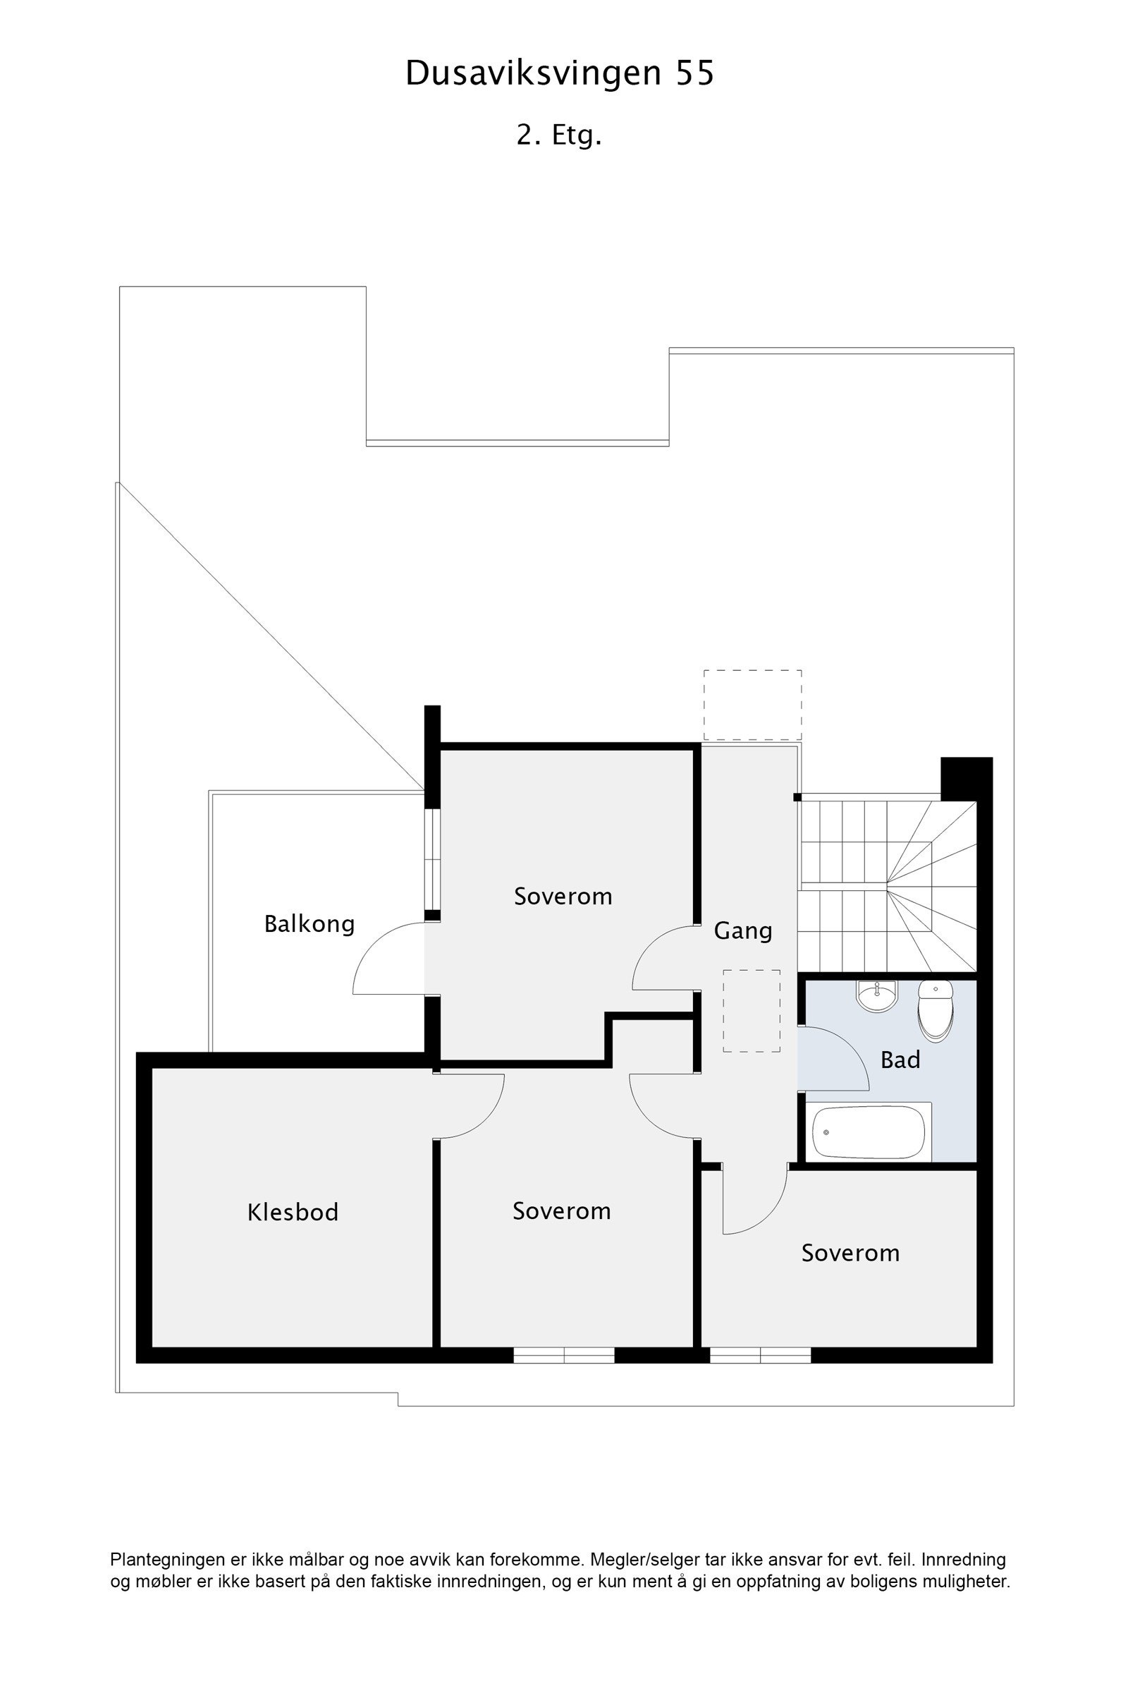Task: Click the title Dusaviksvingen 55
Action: pyautogui.click(x=560, y=73)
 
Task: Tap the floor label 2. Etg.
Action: pyautogui.click(x=558, y=135)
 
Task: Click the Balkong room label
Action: pyautogui.click(x=309, y=923)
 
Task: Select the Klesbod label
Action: pyautogui.click(x=293, y=1212)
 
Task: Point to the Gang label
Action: pyautogui.click(x=742, y=930)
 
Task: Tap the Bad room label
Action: pyautogui.click(x=900, y=1060)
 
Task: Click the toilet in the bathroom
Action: pyautogui.click(x=936, y=1009)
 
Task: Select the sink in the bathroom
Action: pyautogui.click(x=876, y=996)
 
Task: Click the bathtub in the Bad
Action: pyautogui.click(x=869, y=1132)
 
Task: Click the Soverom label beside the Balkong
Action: pyautogui.click(x=563, y=896)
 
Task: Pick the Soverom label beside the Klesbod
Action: pyautogui.click(x=562, y=1210)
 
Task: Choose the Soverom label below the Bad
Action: pyautogui.click(x=850, y=1254)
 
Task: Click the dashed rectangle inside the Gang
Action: pyautogui.click(x=752, y=1012)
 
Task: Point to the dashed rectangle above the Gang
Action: pyautogui.click(x=752, y=705)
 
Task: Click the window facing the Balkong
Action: pyautogui.click(x=432, y=859)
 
